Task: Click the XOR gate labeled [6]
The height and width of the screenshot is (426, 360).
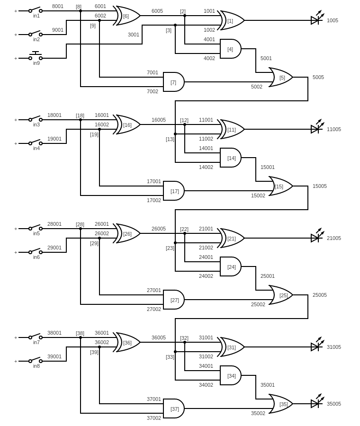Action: coord(127,16)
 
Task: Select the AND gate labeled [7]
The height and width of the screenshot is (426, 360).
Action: coord(173,82)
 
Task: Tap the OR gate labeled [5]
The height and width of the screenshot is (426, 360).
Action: coord(281,77)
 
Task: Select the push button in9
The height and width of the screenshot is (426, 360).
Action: coord(36,57)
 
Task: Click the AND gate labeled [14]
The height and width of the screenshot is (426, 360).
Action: coord(231,158)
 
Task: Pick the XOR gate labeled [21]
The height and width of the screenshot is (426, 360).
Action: coord(231,238)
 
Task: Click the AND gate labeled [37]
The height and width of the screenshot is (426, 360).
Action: coord(173,408)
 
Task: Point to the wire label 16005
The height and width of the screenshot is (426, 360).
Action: coord(159,120)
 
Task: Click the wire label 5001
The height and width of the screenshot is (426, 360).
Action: coord(266,58)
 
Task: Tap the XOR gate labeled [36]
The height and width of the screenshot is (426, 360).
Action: coord(127,342)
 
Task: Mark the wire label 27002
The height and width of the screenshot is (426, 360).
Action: coord(154,309)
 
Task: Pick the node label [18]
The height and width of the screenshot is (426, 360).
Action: coord(80,115)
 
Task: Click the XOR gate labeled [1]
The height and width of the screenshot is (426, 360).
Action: coord(231,20)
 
